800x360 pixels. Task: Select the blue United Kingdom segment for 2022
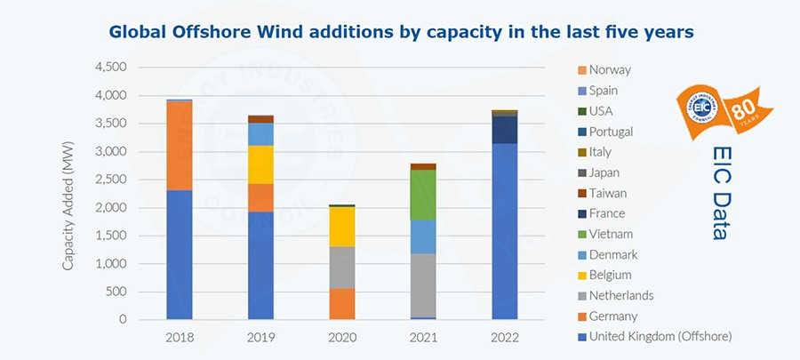tap(505, 231)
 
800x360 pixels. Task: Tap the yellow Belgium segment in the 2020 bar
tap(342, 227)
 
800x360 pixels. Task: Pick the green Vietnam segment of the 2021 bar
tap(423, 194)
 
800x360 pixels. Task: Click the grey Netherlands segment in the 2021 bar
tap(423, 285)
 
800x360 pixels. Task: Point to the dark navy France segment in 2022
tap(505, 130)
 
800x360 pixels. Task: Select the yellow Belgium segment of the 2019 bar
tap(260, 164)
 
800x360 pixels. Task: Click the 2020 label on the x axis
tap(342, 338)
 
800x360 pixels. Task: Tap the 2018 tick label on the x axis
tap(179, 338)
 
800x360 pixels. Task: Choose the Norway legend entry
tap(609, 70)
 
